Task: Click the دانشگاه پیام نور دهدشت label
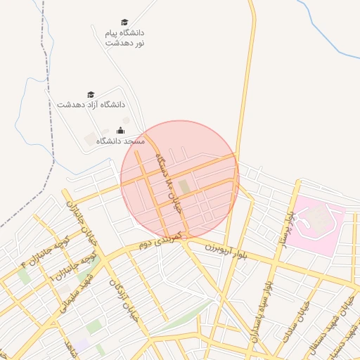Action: coord(124,38)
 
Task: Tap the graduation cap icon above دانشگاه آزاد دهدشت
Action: coord(90,94)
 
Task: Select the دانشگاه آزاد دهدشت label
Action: coord(86,104)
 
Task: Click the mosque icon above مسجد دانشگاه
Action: coord(120,130)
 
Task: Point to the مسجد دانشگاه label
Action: coord(120,141)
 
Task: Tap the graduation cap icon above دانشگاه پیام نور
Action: coord(124,22)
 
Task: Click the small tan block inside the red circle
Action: coord(184,186)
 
